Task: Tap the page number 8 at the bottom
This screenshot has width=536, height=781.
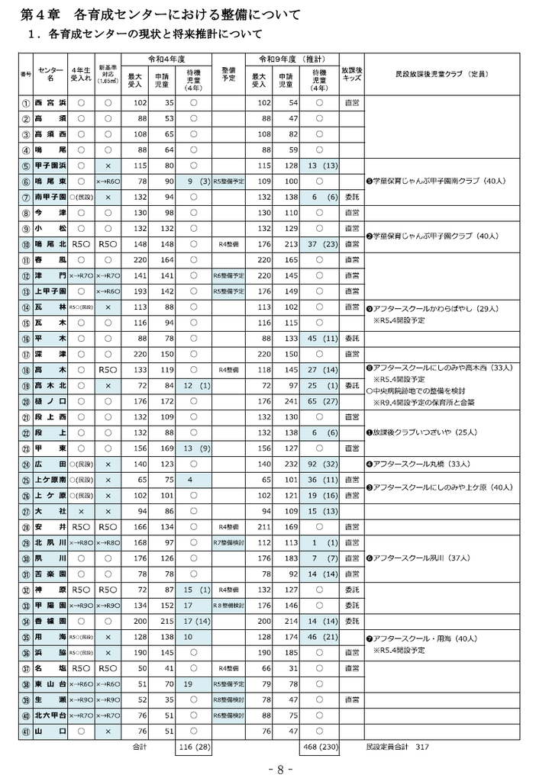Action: (280, 768)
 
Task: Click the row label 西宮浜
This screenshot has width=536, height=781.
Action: (51, 102)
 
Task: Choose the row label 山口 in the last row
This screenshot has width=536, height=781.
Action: (51, 731)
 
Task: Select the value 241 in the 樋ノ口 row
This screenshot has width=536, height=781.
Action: (288, 400)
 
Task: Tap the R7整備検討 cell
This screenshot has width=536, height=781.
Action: (229, 542)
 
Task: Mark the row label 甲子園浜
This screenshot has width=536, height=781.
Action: (51, 166)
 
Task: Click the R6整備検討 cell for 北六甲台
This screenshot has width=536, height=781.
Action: (229, 715)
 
